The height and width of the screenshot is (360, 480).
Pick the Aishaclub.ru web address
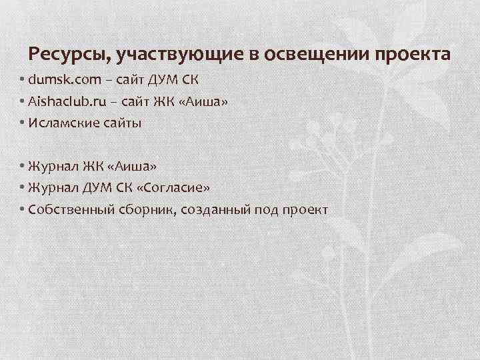[67, 101]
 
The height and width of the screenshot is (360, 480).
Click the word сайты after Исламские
[120, 123]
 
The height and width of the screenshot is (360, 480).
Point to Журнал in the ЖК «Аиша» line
[52, 166]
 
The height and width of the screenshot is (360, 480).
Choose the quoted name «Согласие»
[171, 187]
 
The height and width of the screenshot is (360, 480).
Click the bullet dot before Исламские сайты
[23, 123]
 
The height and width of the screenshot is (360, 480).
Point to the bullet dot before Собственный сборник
[23, 209]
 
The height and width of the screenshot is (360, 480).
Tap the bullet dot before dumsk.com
[23, 81]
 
